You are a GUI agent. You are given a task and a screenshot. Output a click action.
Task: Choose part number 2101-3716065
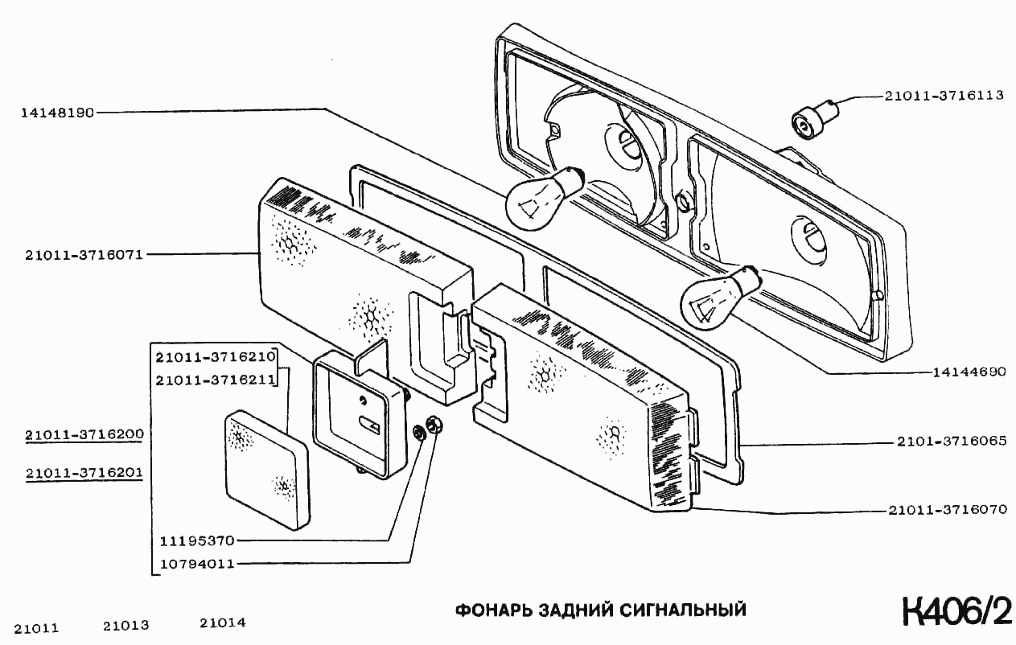click(x=951, y=442)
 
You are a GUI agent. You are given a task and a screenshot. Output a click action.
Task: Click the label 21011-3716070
click(x=948, y=510)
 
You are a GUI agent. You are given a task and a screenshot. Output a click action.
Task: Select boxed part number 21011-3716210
click(x=216, y=356)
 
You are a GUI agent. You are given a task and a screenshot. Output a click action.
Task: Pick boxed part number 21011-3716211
click(x=216, y=379)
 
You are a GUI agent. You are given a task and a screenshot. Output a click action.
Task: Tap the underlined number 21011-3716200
click(x=84, y=435)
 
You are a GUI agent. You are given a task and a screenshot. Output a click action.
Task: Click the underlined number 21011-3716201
click(x=84, y=474)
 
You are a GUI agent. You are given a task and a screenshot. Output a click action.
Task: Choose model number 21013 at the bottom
click(x=126, y=625)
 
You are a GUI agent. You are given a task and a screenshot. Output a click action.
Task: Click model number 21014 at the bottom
click(x=223, y=623)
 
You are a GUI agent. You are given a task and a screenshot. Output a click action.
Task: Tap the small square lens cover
click(x=266, y=470)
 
